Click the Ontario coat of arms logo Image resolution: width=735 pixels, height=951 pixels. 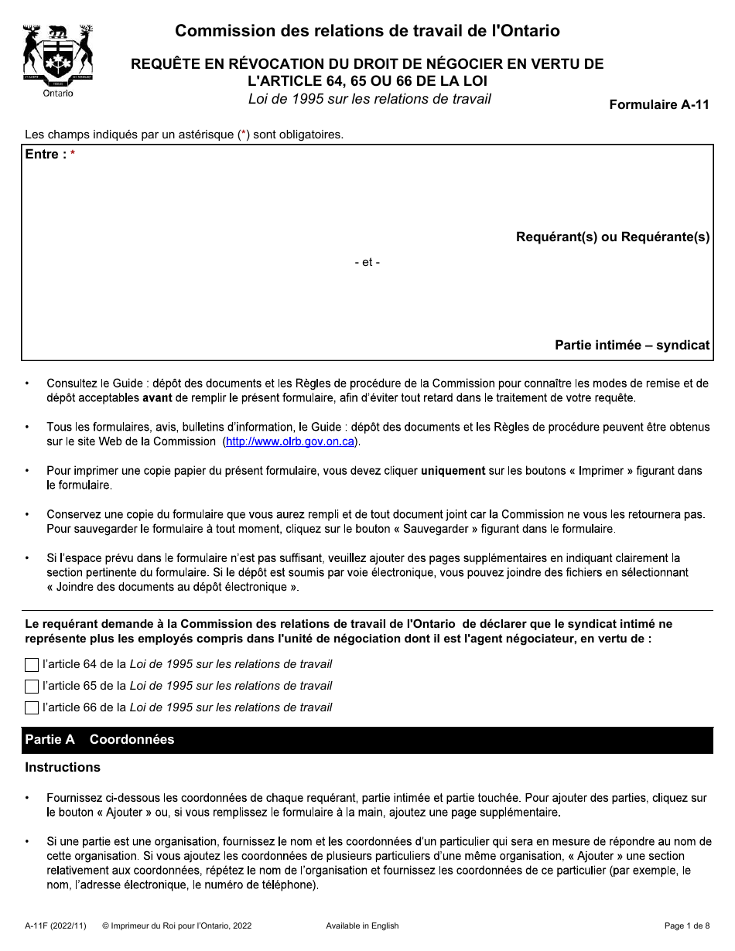58,60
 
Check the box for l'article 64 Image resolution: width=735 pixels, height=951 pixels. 32,664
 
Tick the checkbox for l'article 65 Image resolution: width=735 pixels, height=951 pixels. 32,686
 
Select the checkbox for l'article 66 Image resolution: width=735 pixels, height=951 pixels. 32,707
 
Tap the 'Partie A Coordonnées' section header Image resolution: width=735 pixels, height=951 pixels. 100,740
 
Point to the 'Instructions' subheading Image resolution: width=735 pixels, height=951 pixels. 63,768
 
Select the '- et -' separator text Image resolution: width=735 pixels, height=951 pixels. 367,262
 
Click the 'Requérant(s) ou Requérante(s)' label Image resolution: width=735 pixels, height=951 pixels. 613,237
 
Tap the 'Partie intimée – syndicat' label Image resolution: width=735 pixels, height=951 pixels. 632,346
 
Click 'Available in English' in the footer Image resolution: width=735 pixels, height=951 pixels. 362,925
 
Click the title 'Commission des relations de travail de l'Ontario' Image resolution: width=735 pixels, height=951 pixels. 367,32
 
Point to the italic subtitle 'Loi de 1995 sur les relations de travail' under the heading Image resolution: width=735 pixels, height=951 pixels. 370,99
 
